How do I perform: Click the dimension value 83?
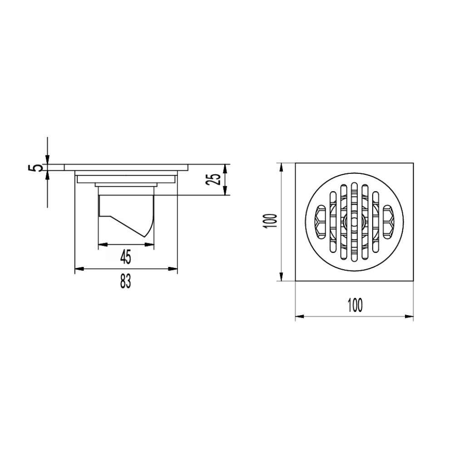coord(126,282)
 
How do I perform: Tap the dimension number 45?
coord(126,257)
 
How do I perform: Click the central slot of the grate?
coord(355,222)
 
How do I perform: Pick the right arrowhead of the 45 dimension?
coord(150,245)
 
